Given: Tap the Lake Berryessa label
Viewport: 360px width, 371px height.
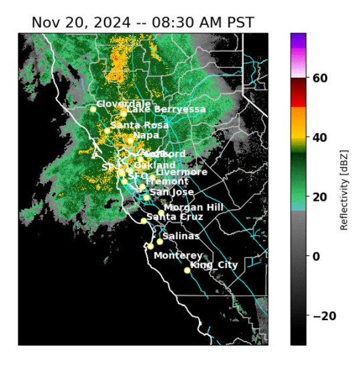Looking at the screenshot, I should (x=166, y=109).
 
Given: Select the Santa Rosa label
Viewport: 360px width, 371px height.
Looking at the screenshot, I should (x=140, y=125).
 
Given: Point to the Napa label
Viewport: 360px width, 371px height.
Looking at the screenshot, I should (x=146, y=135).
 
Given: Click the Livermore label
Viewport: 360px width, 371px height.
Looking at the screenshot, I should (x=173, y=172).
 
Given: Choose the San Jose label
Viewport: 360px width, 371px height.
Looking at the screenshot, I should (x=172, y=192).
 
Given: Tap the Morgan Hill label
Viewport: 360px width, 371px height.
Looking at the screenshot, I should (x=194, y=207).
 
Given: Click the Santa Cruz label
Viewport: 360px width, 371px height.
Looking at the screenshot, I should (x=175, y=217).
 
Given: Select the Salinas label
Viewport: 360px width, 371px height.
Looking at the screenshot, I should (x=181, y=236).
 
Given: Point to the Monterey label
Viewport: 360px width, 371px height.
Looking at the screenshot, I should (x=178, y=255).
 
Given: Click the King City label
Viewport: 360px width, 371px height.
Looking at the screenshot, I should (x=214, y=264).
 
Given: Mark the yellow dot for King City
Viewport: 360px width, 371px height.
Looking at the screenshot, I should (x=187, y=270).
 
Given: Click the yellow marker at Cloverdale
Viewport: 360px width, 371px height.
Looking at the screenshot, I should (x=93, y=109).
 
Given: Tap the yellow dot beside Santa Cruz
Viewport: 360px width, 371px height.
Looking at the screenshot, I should (x=144, y=221).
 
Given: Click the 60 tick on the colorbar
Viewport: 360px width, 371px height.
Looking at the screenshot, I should (x=320, y=78).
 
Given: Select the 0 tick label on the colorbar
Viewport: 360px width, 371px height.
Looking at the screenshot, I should (x=317, y=256).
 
